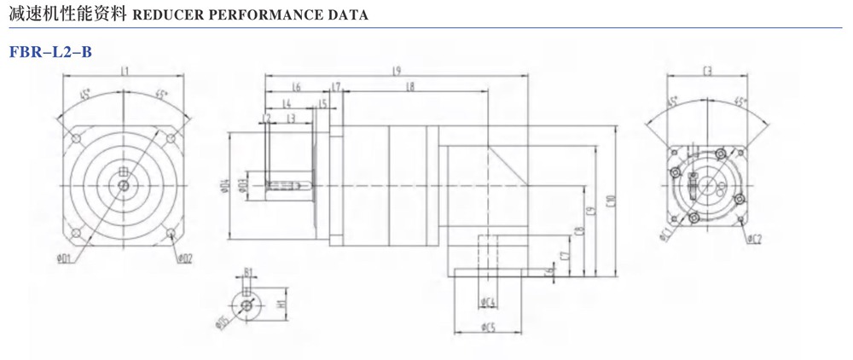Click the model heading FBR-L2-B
50,51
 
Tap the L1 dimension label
125,72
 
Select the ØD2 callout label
185,258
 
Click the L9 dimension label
397,72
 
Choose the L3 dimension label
291,117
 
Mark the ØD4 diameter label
224,185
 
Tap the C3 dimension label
707,72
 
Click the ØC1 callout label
664,235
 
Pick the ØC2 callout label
754,239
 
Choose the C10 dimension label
610,201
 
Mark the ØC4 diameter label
489,302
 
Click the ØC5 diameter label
489,327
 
